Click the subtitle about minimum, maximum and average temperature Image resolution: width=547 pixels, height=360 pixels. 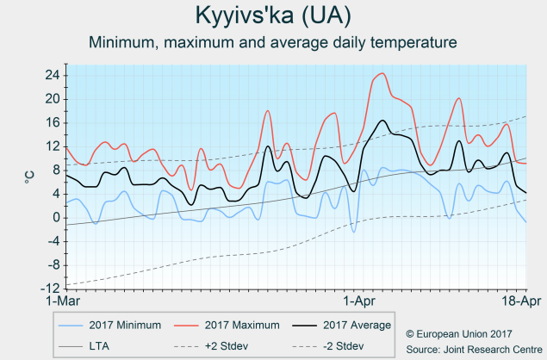273,41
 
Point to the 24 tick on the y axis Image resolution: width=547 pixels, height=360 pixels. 52,75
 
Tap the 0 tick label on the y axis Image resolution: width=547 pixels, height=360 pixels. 55,217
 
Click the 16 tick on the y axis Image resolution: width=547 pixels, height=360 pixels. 52,122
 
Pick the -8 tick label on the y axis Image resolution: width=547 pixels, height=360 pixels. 52,264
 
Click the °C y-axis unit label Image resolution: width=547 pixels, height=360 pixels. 29,177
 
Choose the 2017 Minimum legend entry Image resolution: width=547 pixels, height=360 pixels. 124,325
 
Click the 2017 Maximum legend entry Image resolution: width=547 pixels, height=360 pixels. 242,325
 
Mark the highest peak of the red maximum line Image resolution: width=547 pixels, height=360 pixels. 382,73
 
